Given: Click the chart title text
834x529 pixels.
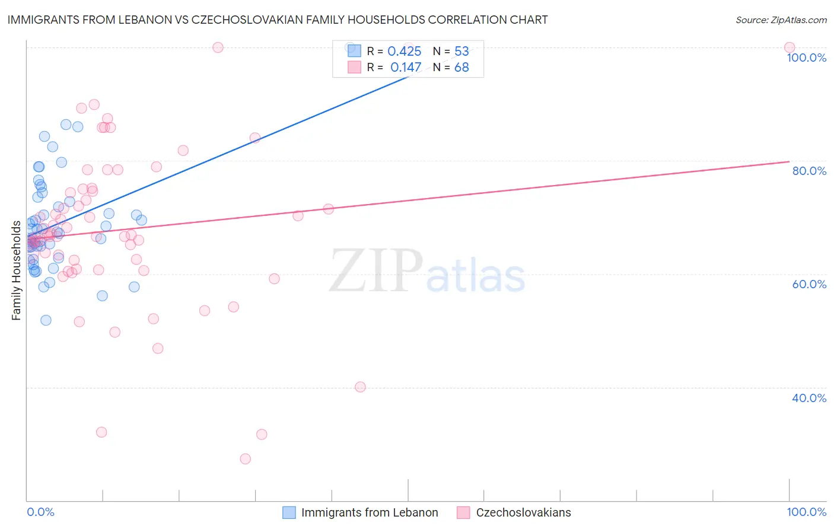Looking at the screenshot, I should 278,20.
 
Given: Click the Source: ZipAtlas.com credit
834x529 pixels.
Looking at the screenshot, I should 781,20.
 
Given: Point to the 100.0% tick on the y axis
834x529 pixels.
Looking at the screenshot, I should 806,58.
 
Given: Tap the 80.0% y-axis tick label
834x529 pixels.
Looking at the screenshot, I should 809,171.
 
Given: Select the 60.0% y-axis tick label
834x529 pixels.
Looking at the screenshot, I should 809,284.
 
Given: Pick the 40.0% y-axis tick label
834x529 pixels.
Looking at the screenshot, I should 809,398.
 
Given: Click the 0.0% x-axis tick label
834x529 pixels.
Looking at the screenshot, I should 40,512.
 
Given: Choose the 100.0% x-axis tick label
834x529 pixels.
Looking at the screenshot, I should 806,512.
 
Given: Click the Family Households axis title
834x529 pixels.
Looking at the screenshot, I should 17,270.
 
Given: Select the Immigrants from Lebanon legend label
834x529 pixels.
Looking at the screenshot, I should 369,512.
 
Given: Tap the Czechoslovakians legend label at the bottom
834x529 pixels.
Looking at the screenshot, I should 523,512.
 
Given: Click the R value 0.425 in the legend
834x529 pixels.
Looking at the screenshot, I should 404,52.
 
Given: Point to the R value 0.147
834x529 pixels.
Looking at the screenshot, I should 406,68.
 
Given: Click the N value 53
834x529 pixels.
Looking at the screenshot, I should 461,52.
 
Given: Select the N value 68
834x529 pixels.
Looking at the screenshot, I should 461,68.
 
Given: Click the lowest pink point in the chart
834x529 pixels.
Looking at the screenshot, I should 245,458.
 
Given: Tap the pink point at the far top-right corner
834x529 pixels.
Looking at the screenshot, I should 789,47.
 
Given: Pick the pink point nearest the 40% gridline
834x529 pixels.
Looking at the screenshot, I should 360,387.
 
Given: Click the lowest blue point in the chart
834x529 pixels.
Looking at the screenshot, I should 46,320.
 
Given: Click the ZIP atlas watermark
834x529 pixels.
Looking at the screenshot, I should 427,271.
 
